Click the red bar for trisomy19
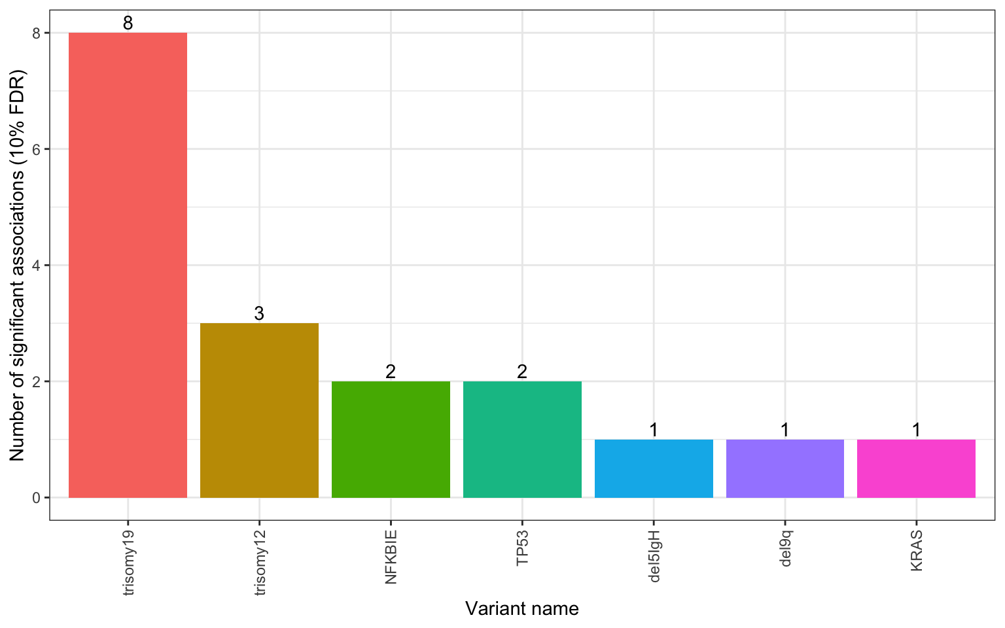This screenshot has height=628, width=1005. coord(128,265)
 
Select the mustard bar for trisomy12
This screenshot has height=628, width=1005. coord(259,410)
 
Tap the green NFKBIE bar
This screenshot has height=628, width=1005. coord(391,439)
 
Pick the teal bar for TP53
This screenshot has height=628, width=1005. coord(522,439)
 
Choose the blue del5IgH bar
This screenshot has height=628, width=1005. coord(654,468)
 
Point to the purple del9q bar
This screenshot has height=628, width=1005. coord(785,468)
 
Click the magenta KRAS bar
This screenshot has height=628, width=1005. coord(916,468)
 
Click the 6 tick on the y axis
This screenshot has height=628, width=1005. coord(37,149)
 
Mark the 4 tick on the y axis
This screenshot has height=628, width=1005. coord(37,265)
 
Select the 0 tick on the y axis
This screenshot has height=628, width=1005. coord(37,498)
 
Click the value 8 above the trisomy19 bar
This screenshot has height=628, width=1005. coord(128,24)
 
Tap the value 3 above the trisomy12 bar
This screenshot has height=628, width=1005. coord(259,314)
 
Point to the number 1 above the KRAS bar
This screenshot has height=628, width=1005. coord(916,430)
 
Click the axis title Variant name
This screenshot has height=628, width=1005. coord(522,609)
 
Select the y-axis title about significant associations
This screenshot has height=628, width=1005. coord(18,265)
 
